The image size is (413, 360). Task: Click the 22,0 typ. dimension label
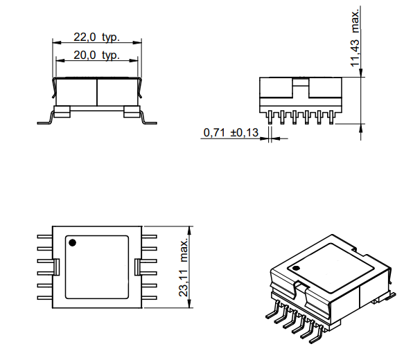(x=96, y=37)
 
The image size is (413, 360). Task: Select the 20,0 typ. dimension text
(x=96, y=55)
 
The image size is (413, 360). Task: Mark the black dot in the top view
(x=72, y=242)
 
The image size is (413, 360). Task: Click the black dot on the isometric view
(x=296, y=268)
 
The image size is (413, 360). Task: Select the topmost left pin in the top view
(x=44, y=236)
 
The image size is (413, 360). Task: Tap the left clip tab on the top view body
(x=59, y=267)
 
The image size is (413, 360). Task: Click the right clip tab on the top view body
(x=136, y=267)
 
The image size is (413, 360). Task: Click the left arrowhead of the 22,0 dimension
(x=55, y=44)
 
